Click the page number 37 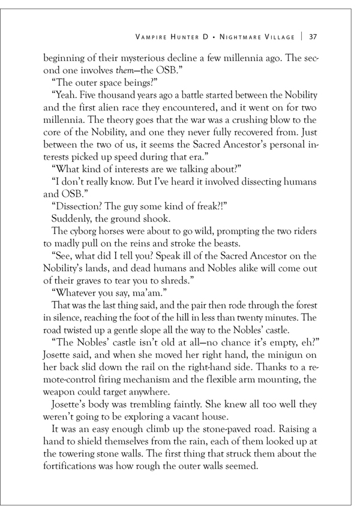click(313, 37)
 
